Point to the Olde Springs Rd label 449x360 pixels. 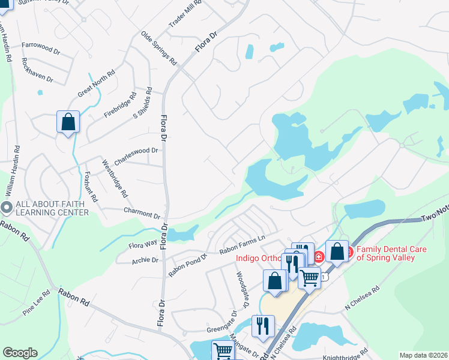coord(158,48)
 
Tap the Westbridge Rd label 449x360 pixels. coord(114,178)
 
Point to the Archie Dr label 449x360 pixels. coord(145,260)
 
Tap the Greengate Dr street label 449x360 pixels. coord(222,329)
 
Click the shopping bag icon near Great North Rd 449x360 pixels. coord(68,122)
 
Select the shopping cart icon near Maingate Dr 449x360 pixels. coord(223,350)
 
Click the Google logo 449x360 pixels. coord(20,353)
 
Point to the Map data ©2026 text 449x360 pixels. coord(423,355)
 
